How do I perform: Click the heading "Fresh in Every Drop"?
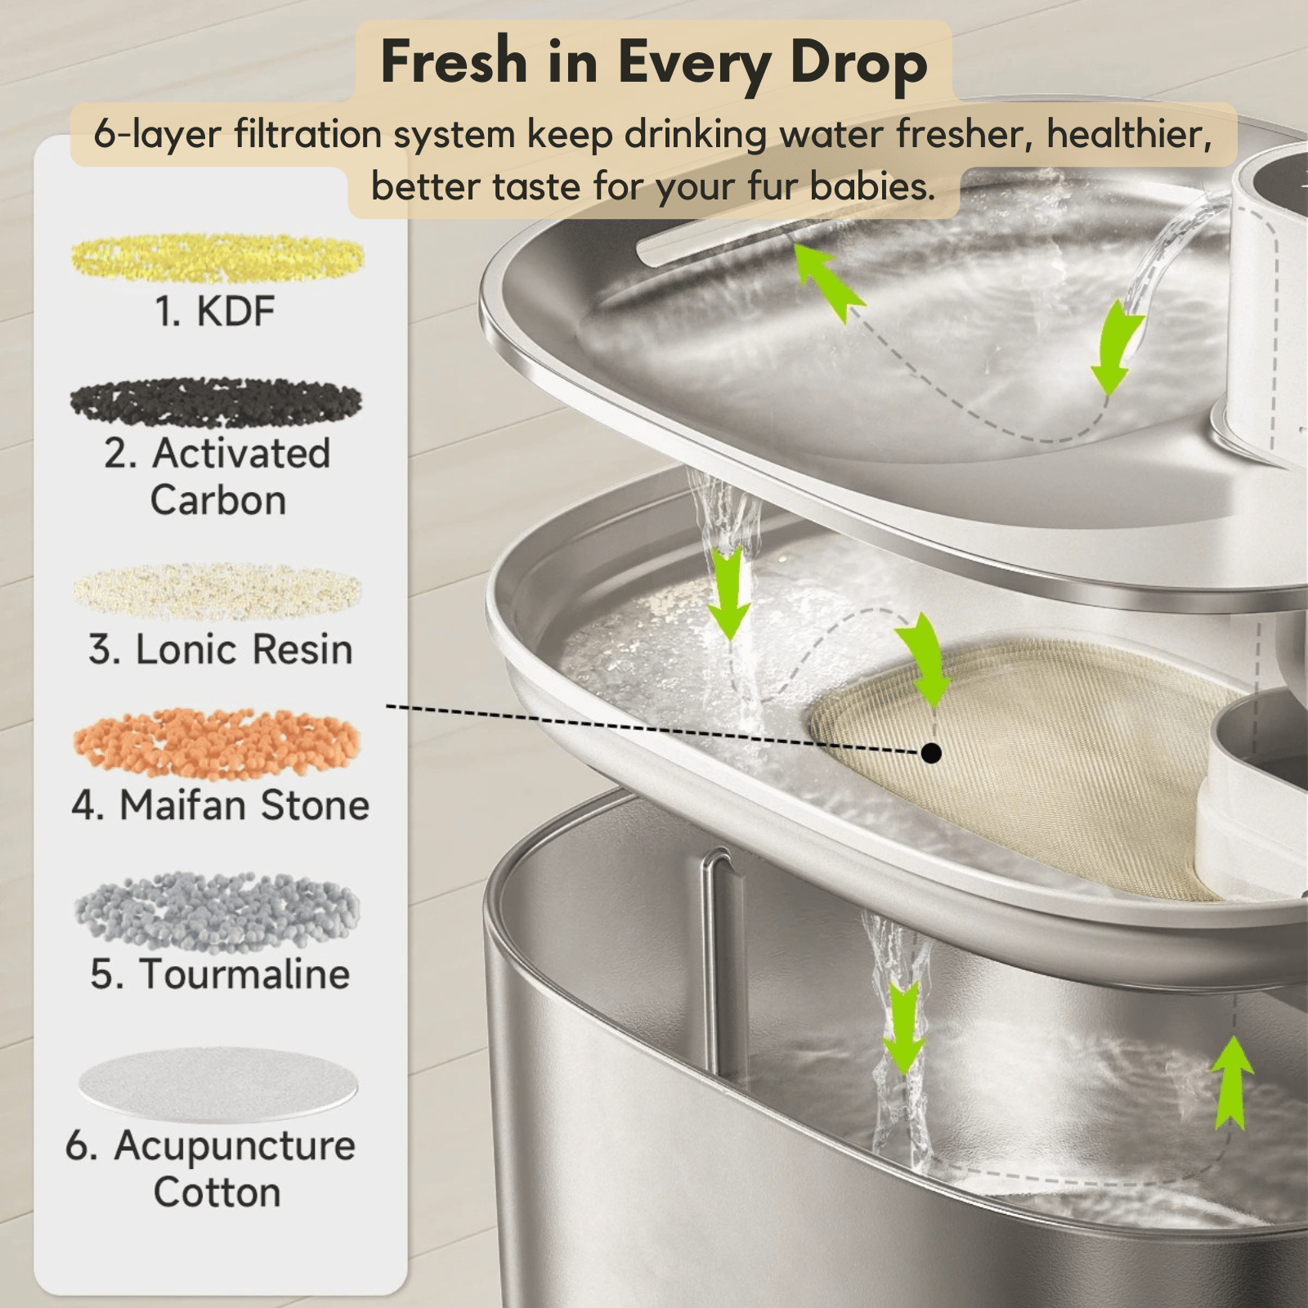654,63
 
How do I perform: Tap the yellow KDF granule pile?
217,258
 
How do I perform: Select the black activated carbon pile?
216,402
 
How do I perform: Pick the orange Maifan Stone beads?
217,743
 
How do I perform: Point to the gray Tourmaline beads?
217,912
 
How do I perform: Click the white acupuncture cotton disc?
218,1084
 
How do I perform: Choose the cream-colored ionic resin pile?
217,590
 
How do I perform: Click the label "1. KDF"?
215,311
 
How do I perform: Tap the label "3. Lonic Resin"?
221,650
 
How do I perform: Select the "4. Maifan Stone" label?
221,805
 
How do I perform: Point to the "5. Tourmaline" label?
220,974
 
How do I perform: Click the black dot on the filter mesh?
930,752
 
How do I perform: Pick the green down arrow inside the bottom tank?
903,1028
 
